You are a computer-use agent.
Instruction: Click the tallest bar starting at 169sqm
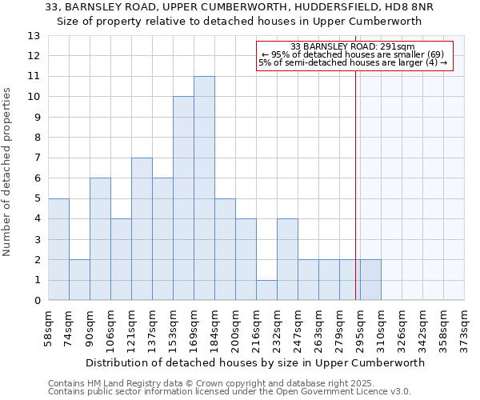pyautogui.click(x=204, y=188)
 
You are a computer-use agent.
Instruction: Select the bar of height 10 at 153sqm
pyautogui.click(x=183, y=198)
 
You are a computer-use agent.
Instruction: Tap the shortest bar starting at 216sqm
pyautogui.click(x=266, y=290)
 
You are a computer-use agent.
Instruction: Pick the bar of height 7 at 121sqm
pyautogui.click(x=142, y=229)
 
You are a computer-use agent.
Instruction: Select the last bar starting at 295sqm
pyautogui.click(x=370, y=280)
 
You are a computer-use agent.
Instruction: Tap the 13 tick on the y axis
pyautogui.click(x=34, y=36)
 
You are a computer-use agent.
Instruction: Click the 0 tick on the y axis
pyautogui.click(x=37, y=301)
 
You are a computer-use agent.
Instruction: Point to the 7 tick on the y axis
pyautogui.click(x=37, y=158)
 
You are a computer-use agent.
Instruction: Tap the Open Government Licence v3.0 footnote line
pyautogui.click(x=230, y=392)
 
